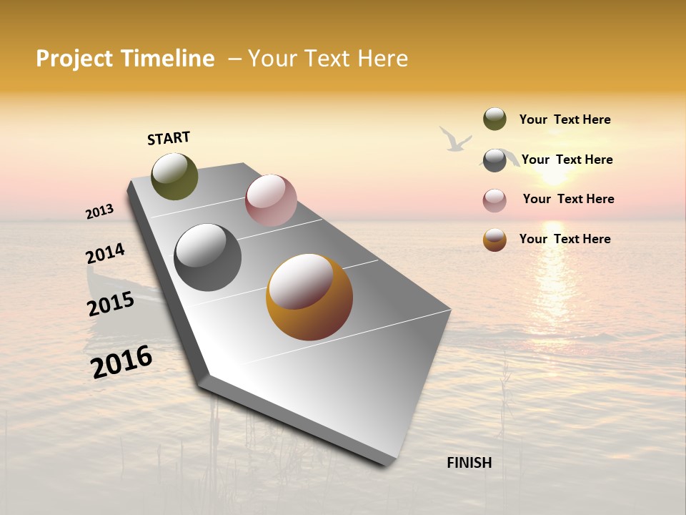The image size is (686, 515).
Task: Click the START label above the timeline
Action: pos(169,138)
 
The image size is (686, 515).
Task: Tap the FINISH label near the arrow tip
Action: pos(469,463)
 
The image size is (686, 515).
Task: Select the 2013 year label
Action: pos(99,212)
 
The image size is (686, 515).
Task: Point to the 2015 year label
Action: pos(111,305)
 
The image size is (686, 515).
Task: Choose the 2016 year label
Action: pos(121,362)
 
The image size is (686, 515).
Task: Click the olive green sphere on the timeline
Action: pos(174,176)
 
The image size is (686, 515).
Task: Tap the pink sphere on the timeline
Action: pos(271,200)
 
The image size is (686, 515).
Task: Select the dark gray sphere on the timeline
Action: pos(207,257)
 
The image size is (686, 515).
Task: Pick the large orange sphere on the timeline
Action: pos(309,297)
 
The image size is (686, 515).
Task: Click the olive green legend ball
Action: pos(494,119)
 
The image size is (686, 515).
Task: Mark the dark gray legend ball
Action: pos(494,160)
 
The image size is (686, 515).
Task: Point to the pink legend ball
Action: pos(494,200)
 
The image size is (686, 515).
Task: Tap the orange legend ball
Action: pos(494,240)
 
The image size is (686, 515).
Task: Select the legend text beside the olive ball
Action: pos(565,119)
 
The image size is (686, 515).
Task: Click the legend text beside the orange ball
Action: pos(565,239)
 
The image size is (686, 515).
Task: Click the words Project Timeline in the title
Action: pos(125,59)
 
